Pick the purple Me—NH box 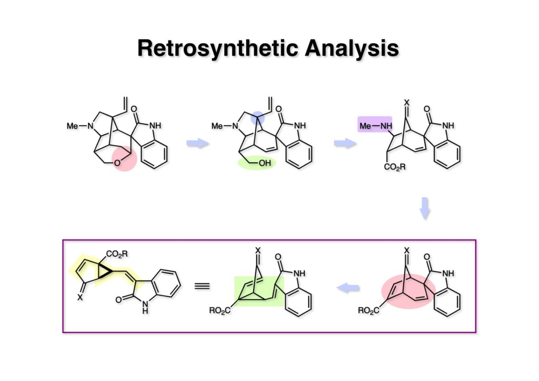(x=375, y=126)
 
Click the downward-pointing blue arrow (x=425, y=209)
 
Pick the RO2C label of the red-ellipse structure (x=368, y=311)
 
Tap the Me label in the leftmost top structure (x=73, y=126)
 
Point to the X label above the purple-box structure (x=405, y=102)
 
